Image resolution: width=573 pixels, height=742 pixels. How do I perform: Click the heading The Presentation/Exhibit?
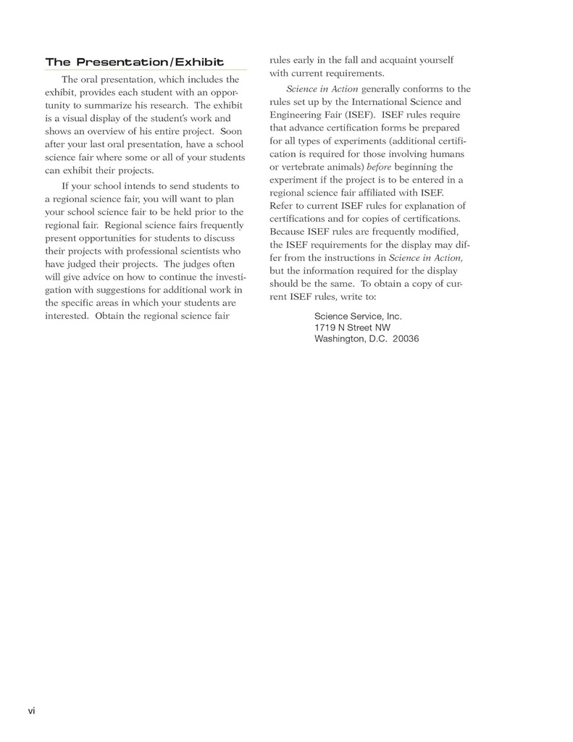134,62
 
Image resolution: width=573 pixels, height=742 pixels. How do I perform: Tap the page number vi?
31,710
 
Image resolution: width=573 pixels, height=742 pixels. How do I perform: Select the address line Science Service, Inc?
358,317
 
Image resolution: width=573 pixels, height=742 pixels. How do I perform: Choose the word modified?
436,231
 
